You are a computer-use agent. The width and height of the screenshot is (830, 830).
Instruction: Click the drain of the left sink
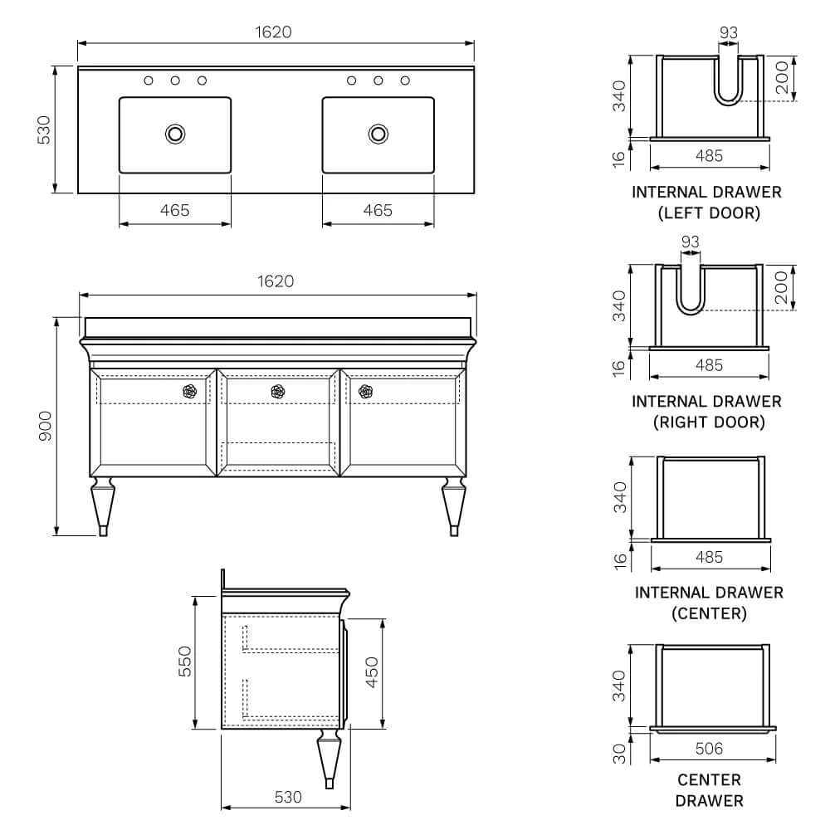point(175,133)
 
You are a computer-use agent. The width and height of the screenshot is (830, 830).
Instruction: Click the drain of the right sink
point(378,133)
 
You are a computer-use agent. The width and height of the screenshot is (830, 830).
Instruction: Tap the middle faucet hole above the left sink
point(175,81)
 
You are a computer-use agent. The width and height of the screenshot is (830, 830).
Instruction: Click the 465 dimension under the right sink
point(378,211)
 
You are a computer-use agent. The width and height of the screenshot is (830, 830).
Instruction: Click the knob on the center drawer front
point(278,391)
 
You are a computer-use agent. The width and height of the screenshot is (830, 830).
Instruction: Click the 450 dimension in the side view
point(372,672)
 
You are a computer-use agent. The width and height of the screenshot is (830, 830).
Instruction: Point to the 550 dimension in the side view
point(186,662)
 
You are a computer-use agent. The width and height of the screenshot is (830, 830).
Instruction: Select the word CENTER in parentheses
point(709,614)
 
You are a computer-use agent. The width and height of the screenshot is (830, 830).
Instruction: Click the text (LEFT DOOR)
point(708,213)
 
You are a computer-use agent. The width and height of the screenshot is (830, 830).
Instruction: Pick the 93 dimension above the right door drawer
point(690,242)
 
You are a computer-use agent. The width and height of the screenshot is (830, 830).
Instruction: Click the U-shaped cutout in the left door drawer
point(728,83)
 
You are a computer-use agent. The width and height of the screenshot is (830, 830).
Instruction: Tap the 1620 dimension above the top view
point(275,32)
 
